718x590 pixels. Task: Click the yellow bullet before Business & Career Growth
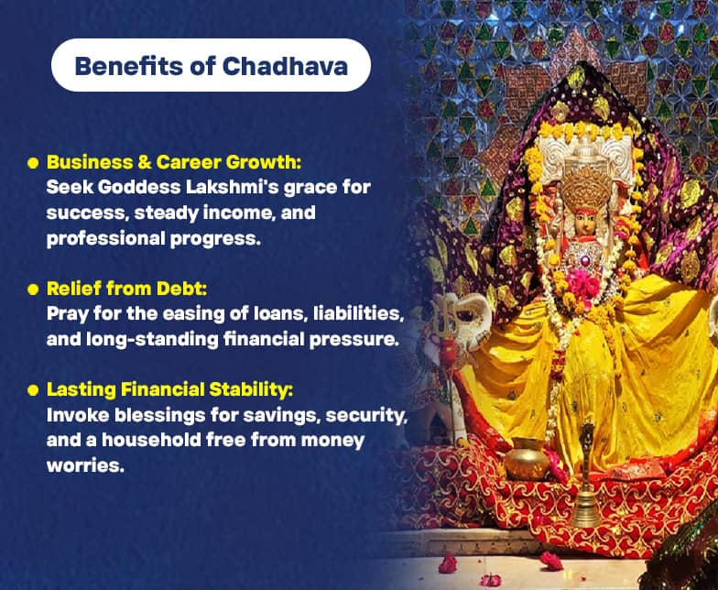pyautogui.click(x=33, y=163)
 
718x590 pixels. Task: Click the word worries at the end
pyautogui.click(x=82, y=465)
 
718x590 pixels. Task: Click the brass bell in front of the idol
pyautogui.click(x=586, y=476)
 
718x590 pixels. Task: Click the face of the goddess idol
pyautogui.click(x=584, y=224)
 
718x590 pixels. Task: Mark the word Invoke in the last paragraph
pyautogui.click(x=74, y=415)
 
